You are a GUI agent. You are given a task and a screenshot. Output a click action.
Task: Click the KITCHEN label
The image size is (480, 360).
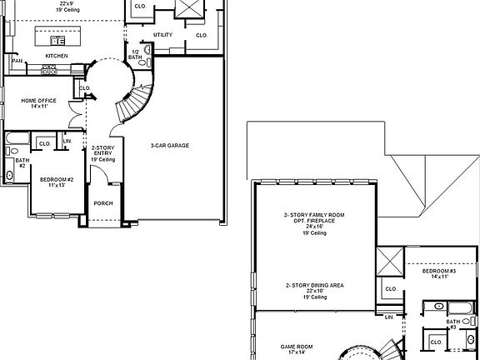57,56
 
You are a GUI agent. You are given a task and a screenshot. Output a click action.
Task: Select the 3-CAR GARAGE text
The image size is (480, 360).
170,145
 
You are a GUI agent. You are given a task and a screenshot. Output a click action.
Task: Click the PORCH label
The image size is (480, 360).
103,203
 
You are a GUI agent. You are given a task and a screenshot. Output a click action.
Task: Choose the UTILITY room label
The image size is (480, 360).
162,35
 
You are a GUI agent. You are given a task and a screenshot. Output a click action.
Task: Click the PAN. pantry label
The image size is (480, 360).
17,61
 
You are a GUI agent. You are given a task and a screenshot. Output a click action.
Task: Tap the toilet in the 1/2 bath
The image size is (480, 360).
147,50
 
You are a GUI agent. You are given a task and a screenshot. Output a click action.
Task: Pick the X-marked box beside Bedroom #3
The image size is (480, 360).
390,262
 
